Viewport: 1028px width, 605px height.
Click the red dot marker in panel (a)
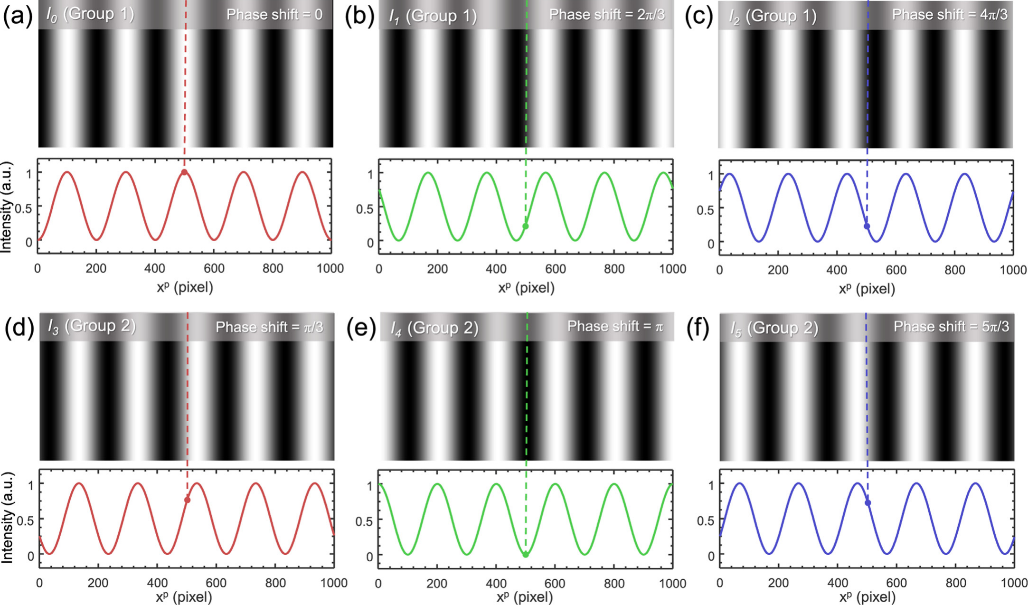184,172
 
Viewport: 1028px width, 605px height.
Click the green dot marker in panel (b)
525,227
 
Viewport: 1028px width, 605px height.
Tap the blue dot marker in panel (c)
867,227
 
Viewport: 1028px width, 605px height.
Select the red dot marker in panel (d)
188,500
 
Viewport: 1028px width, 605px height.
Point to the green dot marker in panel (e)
526,554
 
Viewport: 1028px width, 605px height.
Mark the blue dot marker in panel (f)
868,503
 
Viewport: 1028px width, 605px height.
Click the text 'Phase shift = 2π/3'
607,15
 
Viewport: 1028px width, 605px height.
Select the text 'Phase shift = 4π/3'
950,15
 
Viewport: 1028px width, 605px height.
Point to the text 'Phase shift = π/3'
270,327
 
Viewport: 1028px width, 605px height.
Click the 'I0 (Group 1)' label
90,14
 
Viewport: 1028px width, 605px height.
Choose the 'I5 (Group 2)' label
774,328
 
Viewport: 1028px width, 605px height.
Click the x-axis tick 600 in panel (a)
214,268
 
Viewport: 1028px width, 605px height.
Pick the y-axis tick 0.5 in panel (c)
705,209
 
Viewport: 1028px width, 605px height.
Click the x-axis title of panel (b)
526,287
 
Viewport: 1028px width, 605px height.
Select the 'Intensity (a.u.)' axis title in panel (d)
7,518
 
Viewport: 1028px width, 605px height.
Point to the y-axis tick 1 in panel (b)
370,174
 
